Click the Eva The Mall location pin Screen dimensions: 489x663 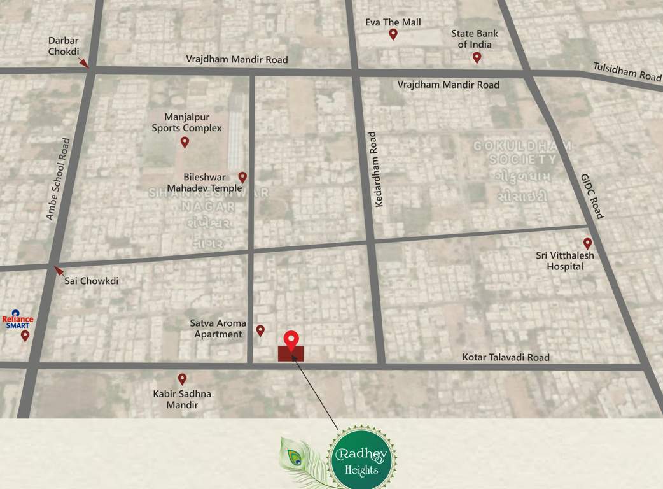pyautogui.click(x=393, y=34)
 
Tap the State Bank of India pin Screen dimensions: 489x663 pyautogui.click(x=477, y=58)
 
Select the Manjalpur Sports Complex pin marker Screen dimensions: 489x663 pyautogui.click(x=185, y=142)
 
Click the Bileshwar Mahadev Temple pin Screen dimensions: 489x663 pyautogui.click(x=242, y=178)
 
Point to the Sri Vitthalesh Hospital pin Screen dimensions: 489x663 pyautogui.click(x=587, y=243)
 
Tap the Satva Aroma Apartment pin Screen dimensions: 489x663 pyautogui.click(x=260, y=330)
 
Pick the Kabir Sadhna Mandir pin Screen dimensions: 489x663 pyautogui.click(x=182, y=379)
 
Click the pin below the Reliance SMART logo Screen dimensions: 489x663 pyautogui.click(x=25, y=336)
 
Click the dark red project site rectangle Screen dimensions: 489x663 pyautogui.click(x=291, y=354)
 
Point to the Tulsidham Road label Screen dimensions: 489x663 pyautogui.click(x=627, y=71)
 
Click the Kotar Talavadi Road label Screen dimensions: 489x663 pyautogui.click(x=506, y=358)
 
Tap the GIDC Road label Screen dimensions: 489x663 pyautogui.click(x=592, y=196)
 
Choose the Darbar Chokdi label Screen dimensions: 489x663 pyautogui.click(x=64, y=46)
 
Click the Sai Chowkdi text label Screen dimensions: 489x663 pyautogui.click(x=92, y=281)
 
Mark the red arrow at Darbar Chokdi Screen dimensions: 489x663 pyautogui.click(x=83, y=62)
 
